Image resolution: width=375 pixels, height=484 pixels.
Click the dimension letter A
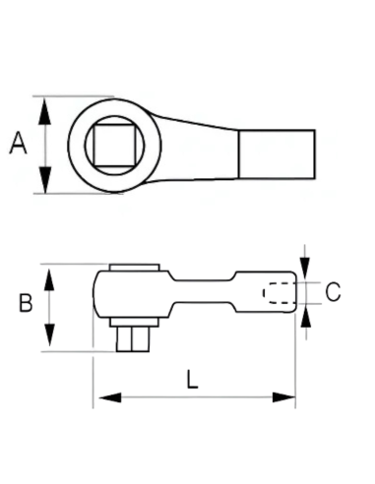coord(18,143)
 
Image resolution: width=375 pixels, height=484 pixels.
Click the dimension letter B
coord(26,303)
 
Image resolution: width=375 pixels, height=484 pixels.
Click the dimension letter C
coord(333,291)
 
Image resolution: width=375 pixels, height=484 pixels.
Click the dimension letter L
coord(192,380)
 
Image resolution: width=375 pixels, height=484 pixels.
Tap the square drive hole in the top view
coord(114,146)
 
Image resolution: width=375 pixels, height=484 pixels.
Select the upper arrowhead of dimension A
coord(45,111)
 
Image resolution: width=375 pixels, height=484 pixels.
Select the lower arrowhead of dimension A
coord(45,180)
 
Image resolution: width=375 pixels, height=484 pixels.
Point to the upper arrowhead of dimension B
coord(49,279)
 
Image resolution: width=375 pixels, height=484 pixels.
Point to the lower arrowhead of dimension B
coord(49,334)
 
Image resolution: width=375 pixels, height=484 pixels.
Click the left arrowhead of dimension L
coord(110,397)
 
